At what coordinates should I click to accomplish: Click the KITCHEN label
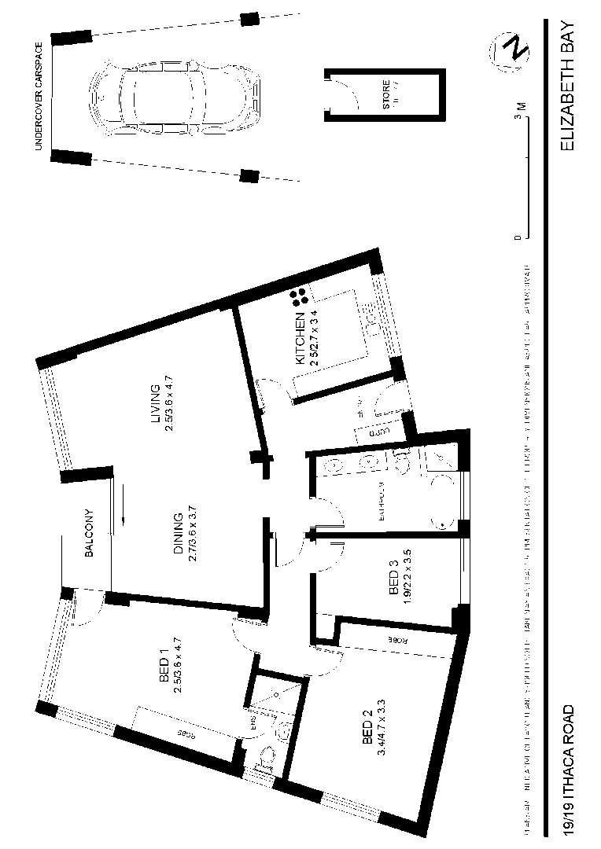300,337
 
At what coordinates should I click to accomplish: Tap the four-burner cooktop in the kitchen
299,297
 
